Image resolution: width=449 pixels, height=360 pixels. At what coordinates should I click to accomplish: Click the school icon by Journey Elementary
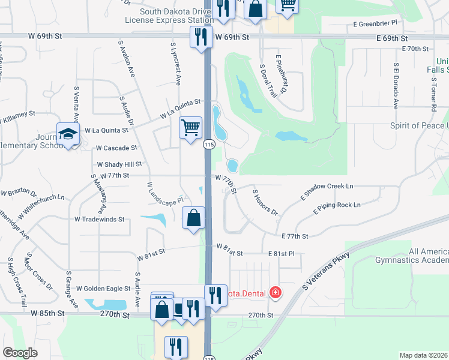68,134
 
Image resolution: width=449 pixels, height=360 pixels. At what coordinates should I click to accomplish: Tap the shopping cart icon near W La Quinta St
190,127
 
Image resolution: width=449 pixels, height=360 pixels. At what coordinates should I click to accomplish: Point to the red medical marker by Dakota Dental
276,293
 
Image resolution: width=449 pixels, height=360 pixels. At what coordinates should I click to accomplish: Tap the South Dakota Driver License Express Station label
169,16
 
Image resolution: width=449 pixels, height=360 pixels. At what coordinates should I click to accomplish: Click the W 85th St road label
47,313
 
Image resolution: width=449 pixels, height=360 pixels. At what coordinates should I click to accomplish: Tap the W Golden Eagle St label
103,289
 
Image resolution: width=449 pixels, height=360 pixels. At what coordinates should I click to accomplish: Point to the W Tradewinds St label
100,220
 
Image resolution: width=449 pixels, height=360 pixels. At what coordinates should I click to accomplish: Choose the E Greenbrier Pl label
375,23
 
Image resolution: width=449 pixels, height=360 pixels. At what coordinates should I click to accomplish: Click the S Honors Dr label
265,202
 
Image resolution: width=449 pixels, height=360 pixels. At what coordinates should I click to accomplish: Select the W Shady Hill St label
119,164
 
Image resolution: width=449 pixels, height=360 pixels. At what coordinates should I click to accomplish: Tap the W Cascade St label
117,148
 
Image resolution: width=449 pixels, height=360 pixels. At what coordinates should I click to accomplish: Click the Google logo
20,353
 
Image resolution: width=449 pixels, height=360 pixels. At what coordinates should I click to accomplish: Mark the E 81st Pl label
282,254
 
